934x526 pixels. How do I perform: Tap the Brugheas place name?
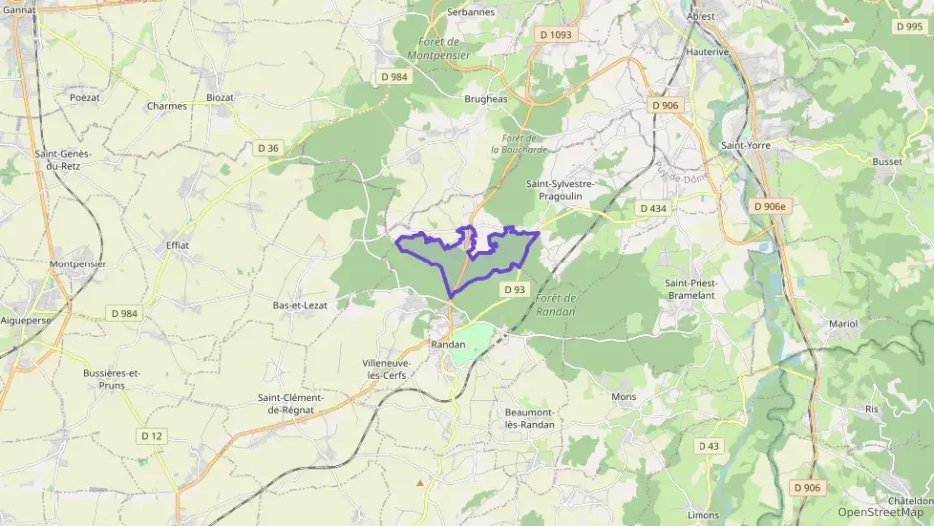486,100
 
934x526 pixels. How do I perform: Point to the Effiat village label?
177,244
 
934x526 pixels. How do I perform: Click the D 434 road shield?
652,208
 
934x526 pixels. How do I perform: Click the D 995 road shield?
909,27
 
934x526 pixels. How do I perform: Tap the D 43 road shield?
709,445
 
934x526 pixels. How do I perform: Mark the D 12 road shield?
152,435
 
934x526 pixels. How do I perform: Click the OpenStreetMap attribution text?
881,512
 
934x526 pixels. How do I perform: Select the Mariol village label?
843,324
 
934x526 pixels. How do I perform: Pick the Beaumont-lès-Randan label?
530,418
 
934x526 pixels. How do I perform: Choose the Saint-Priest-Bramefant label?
691,288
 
